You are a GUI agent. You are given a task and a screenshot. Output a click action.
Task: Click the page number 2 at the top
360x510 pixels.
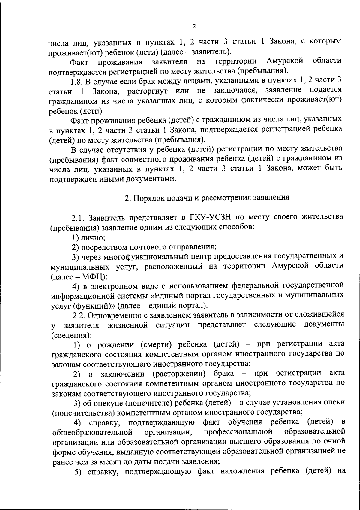pyautogui.click(x=194, y=27)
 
